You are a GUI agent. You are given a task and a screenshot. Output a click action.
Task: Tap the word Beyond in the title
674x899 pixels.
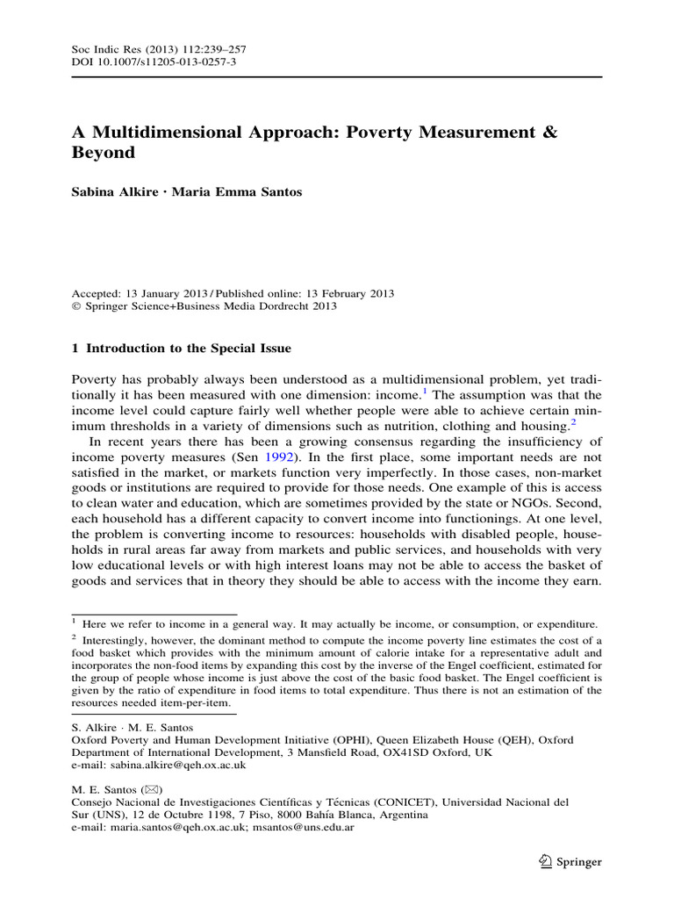point(104,153)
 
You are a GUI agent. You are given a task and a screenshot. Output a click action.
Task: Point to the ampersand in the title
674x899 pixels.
point(550,133)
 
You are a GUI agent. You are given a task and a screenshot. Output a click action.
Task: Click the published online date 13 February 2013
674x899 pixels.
point(348,293)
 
